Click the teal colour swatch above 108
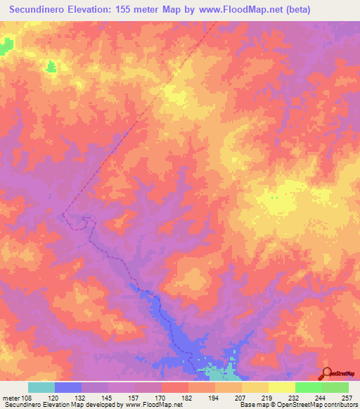tap(41, 387)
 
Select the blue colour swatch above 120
tap(68, 387)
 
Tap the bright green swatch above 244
tap(309, 387)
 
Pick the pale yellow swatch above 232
tap(282, 387)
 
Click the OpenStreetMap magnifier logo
tap(327, 373)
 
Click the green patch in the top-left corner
tap(6, 46)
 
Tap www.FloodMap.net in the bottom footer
tap(148, 405)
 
